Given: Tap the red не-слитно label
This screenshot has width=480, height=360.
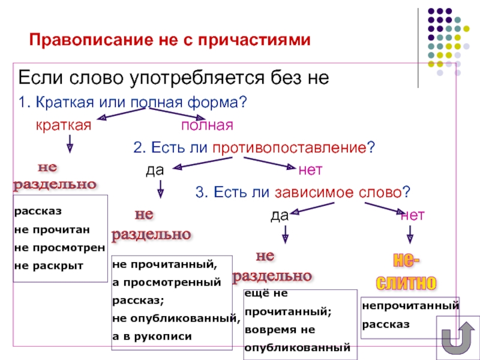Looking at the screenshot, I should pyautogui.click(x=406, y=272).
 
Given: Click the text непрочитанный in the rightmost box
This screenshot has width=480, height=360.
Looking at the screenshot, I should pyautogui.click(x=410, y=306).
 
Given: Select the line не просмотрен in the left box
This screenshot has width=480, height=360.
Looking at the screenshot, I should pyautogui.click(x=59, y=247).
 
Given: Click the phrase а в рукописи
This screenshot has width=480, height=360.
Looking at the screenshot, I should pyautogui.click(x=152, y=336).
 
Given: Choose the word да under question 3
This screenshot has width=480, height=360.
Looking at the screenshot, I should pyautogui.click(x=280, y=215).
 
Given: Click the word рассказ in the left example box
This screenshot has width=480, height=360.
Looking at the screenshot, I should pyautogui.click(x=38, y=212).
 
